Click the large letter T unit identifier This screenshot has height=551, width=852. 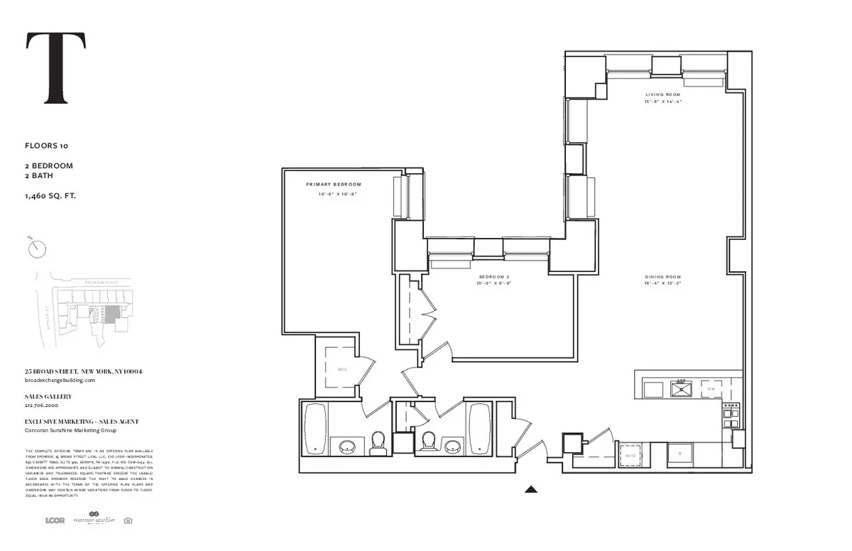pos(56,69)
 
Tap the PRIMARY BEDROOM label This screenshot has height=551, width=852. pos(334,185)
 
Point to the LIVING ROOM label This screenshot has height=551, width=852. pos(662,94)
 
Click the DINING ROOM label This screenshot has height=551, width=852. pos(662,277)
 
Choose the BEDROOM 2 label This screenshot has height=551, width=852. pos(493,277)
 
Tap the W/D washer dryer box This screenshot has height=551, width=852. pos(630,455)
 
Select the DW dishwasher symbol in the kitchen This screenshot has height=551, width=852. pos(711,389)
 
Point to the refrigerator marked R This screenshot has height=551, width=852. pos(679,453)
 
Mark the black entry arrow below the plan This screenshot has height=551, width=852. pos(530,489)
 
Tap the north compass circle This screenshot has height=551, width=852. pos(37,249)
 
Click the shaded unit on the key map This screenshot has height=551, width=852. pos(112,313)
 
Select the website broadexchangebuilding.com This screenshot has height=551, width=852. pos(60,380)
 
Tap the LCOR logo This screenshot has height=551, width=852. pos(55,520)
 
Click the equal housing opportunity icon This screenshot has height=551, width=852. pos(127,520)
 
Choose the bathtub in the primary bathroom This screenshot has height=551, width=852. pos(315,427)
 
